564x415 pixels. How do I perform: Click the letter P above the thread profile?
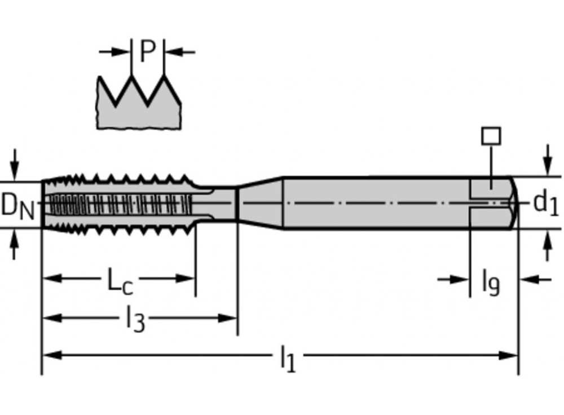147,52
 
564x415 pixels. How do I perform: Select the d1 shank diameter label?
545,203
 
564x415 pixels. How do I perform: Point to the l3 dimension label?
135,320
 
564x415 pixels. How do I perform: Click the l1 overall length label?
288,359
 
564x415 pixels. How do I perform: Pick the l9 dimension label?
490,281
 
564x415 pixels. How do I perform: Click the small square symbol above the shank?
491,136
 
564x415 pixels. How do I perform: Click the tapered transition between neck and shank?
259,203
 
